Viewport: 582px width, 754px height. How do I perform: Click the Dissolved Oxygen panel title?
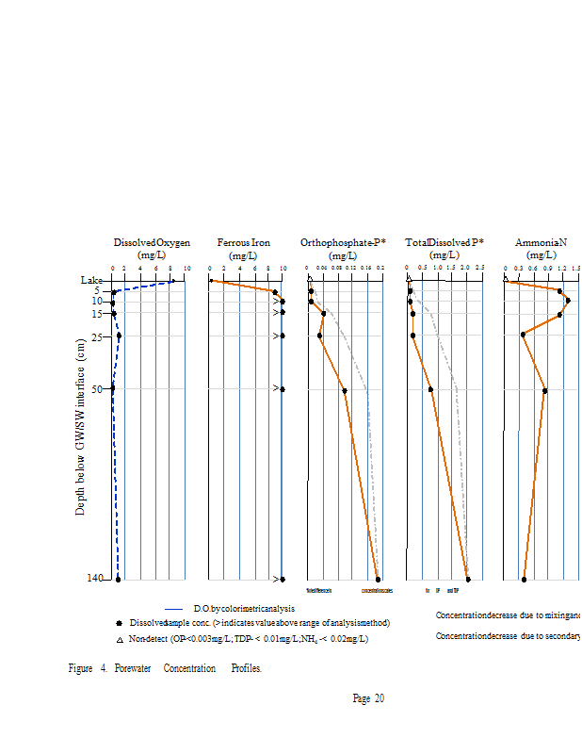pos(151,243)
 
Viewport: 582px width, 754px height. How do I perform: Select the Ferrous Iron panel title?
pos(243,243)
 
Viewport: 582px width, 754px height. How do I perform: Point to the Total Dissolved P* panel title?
pos(445,243)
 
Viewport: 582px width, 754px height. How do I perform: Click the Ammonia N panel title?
pos(541,243)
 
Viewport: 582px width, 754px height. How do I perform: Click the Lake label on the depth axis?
pos(91,280)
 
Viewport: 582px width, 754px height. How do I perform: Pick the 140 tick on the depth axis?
pos(94,579)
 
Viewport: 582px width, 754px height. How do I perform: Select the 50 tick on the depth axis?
pos(97,388)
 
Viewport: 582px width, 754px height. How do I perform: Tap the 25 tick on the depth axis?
pos(97,336)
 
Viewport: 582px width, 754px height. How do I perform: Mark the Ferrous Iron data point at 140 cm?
pos(283,579)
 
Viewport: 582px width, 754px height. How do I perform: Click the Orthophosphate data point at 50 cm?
pos(345,390)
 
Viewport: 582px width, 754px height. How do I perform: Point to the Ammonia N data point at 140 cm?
pos(524,579)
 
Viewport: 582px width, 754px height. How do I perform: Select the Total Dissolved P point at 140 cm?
pos(467,579)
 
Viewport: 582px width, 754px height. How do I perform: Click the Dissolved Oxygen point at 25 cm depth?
pos(119,336)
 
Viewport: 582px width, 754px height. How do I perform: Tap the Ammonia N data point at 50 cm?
pos(544,389)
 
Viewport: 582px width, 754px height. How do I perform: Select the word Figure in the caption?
pos(80,668)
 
